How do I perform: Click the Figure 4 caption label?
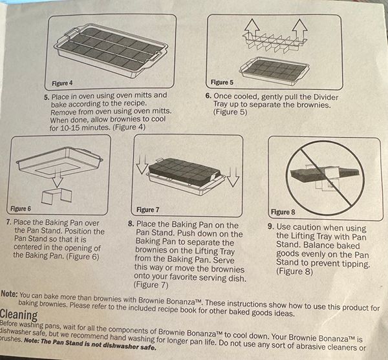[62, 83]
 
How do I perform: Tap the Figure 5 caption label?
[222, 82]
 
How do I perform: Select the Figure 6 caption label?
[21, 209]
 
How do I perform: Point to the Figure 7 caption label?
[147, 210]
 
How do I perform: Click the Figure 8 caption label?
[283, 212]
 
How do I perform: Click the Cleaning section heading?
[19, 315]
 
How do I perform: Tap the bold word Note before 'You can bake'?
[9, 294]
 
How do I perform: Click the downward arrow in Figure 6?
[57, 177]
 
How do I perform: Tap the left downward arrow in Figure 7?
[142, 165]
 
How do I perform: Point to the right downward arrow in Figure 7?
[233, 177]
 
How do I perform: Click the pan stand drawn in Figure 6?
[57, 196]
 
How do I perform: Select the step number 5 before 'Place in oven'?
[47, 97]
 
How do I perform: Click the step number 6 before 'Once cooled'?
[208, 96]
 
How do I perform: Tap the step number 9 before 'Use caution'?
[271, 226]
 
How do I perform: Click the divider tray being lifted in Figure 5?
[275, 42]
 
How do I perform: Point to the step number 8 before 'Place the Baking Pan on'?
[131, 224]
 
